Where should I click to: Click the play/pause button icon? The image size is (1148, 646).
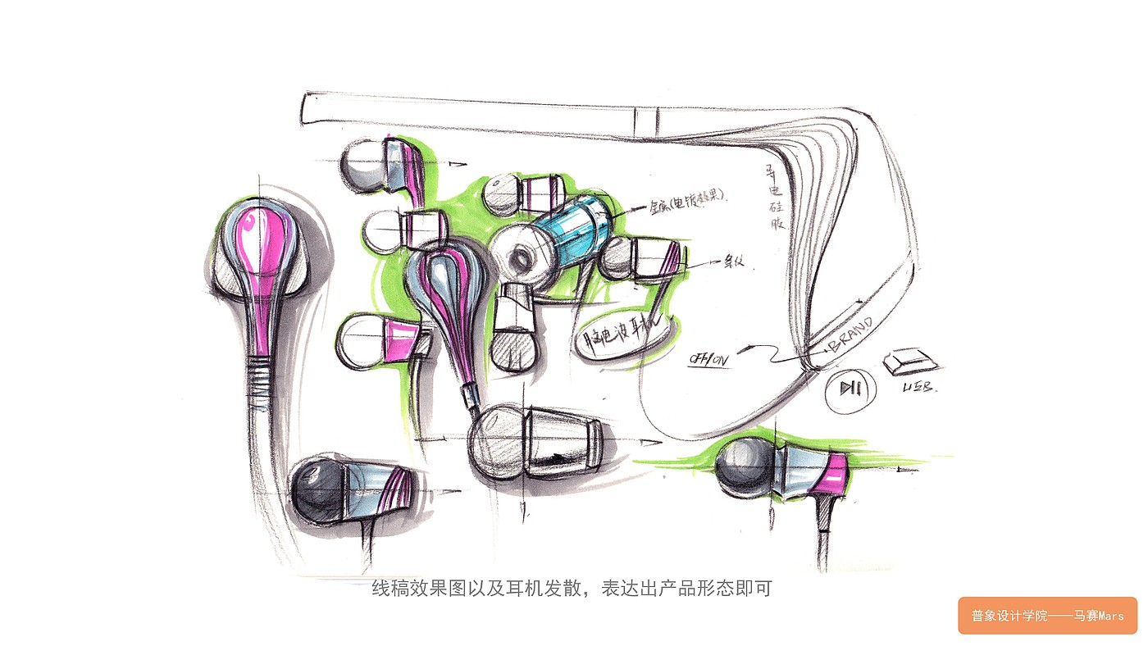click(845, 387)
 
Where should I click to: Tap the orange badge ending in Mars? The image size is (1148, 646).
click(1047, 616)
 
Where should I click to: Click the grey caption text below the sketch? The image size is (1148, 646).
click(572, 588)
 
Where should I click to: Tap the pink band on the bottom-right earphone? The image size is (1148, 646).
click(834, 473)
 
